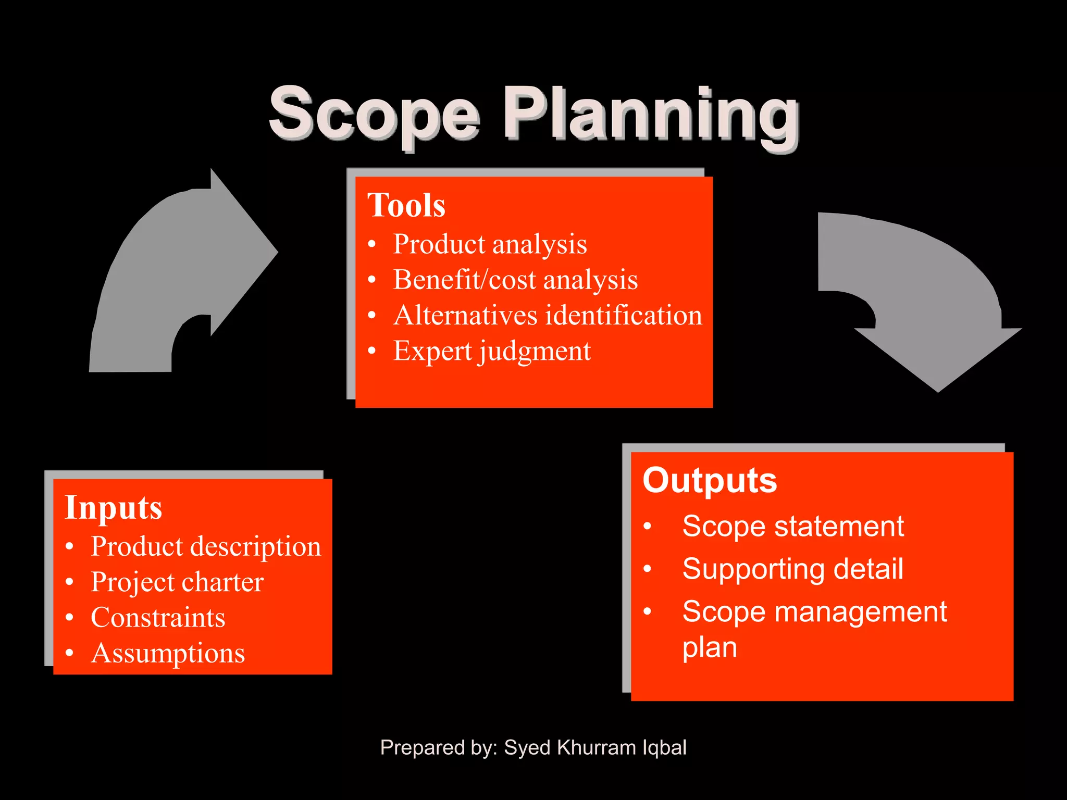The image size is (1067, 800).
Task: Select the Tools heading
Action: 406,205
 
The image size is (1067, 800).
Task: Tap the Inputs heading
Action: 114,507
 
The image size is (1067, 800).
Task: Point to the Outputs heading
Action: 710,480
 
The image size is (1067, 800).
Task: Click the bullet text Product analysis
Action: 490,244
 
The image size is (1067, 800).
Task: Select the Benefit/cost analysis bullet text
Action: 515,280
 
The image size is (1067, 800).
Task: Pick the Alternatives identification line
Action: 548,315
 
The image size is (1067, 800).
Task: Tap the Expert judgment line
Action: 492,351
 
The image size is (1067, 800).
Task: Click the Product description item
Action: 206,546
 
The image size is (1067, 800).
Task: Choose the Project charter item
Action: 177,582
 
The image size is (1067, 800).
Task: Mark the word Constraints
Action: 158,618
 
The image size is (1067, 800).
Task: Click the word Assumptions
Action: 168,653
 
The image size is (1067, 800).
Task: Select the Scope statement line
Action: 793,526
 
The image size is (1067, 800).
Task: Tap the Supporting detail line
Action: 792,569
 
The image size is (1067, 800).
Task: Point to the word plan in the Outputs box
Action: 710,648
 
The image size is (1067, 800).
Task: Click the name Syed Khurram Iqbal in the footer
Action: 595,747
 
